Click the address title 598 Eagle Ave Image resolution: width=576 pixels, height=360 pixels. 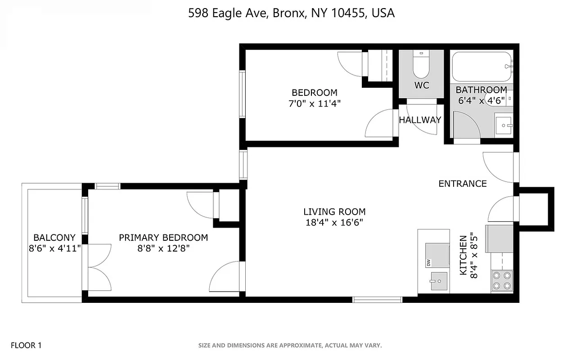coord(291,13)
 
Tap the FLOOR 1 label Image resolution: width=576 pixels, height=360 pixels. coord(26,346)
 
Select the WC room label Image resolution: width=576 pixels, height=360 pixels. coord(422,85)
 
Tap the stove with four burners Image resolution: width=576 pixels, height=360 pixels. coord(502,280)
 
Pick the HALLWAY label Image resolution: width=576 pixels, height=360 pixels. coord(420,120)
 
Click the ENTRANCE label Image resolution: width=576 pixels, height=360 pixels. coord(463,184)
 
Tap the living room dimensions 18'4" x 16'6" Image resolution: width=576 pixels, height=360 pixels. coord(334,222)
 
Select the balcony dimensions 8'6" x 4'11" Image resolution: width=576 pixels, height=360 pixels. coord(54,248)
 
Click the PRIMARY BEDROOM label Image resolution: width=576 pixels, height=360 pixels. coord(163,238)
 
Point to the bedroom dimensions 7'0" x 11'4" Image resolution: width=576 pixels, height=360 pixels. coord(314,103)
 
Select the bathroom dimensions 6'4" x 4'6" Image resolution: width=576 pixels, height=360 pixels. coord(481,101)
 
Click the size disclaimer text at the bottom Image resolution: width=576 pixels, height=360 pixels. coord(290,346)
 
